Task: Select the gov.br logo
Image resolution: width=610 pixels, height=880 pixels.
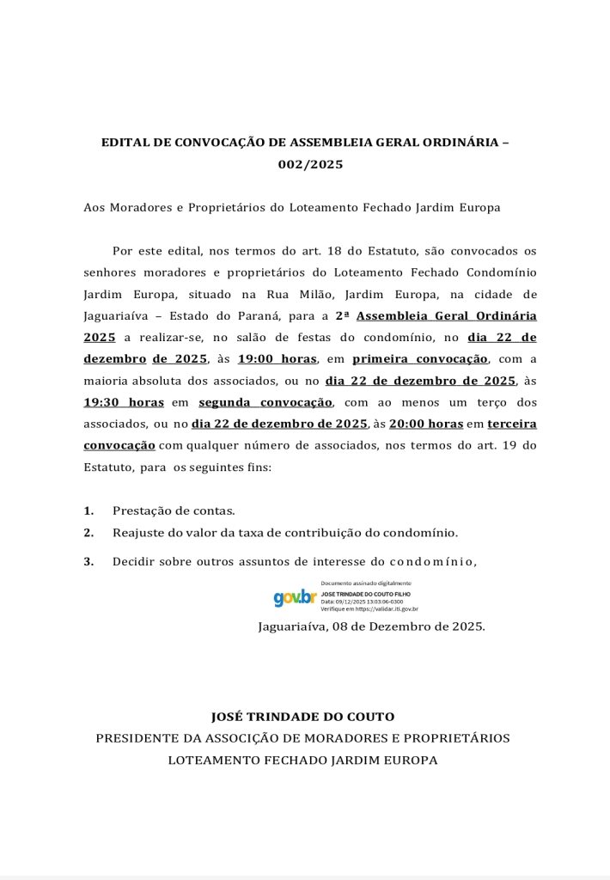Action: tap(295, 597)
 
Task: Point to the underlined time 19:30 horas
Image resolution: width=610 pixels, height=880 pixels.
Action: tap(124, 401)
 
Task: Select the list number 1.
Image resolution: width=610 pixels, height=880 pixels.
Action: tap(88, 510)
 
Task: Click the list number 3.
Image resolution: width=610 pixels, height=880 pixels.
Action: tap(88, 562)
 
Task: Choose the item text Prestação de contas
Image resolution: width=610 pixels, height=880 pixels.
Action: tap(174, 510)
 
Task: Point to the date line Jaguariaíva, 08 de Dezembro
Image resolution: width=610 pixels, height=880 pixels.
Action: tap(371, 626)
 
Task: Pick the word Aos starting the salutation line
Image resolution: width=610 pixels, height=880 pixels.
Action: tap(95, 208)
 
